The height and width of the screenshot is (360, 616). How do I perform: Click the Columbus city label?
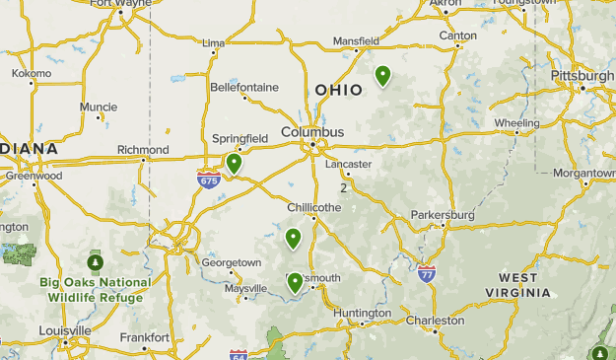pyautogui.click(x=312, y=131)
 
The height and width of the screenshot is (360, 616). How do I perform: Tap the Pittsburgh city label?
pyautogui.click(x=582, y=76)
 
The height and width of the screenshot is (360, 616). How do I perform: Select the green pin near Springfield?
pyautogui.click(x=234, y=163)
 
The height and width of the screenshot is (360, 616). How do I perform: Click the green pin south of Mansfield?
pyautogui.click(x=382, y=75)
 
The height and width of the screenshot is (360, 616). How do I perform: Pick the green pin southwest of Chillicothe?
pyautogui.click(x=293, y=238)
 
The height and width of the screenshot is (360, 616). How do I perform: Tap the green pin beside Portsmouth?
pyautogui.click(x=295, y=283)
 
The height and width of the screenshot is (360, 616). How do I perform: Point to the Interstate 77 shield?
pyautogui.click(x=427, y=271)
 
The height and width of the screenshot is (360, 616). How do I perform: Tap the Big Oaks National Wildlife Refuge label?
pyautogui.click(x=96, y=288)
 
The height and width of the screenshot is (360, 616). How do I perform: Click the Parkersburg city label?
pyautogui.click(x=443, y=214)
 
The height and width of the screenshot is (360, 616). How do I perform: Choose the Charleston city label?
pyautogui.click(x=434, y=320)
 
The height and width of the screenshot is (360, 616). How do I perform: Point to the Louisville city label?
pyautogui.click(x=66, y=329)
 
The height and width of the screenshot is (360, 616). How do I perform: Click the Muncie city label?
pyautogui.click(x=99, y=107)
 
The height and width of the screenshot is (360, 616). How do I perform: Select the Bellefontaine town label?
pyautogui.click(x=244, y=87)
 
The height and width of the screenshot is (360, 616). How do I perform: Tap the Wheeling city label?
pyautogui.click(x=516, y=123)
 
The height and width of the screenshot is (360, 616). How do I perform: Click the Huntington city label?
pyautogui.click(x=363, y=314)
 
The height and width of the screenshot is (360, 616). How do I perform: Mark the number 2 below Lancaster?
pyautogui.click(x=344, y=187)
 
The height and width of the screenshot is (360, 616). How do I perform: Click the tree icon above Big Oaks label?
pyautogui.click(x=96, y=263)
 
